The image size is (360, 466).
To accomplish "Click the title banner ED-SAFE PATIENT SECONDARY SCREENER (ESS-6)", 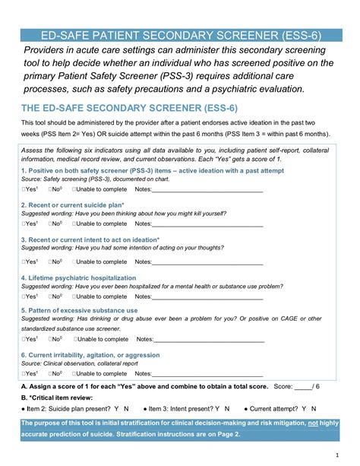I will [180, 35].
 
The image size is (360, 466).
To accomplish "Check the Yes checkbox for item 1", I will [24, 189].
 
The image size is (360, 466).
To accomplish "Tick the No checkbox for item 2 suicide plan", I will [51, 224].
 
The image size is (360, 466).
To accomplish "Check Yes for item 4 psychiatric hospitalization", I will [24, 297].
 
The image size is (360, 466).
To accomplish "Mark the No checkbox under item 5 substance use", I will [51, 339].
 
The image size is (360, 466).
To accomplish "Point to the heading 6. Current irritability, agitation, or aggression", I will [90, 355].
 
